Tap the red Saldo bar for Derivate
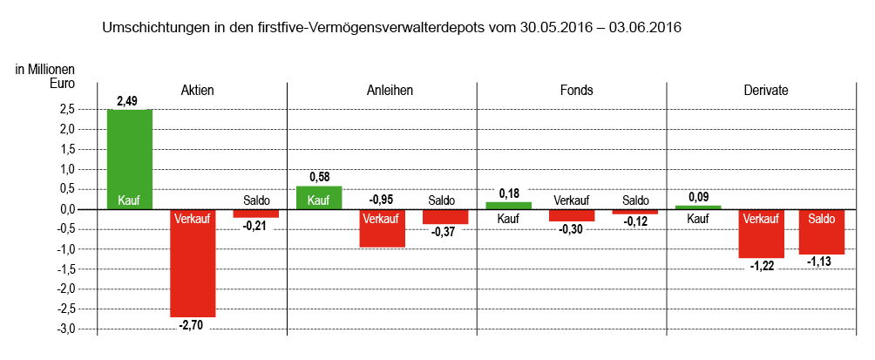(821, 232)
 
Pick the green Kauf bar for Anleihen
(319, 198)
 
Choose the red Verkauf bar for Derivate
(761, 234)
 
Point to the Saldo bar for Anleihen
(445, 217)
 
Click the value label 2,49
(127, 101)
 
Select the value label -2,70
(192, 325)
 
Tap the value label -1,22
(760, 267)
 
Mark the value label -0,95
(382, 200)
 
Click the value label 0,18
(508, 193)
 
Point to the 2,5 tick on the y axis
(68, 110)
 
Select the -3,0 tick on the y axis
(65, 329)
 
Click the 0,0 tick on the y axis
(68, 209)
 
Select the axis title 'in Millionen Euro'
(45, 77)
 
